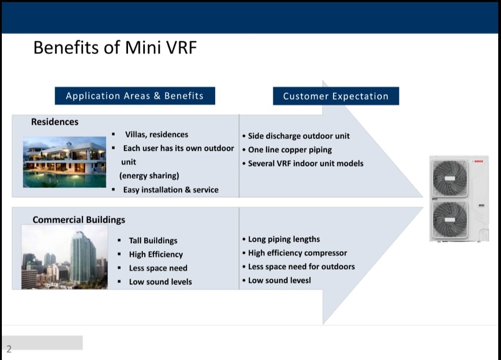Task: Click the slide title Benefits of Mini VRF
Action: coord(115,48)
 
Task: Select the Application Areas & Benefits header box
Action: coord(135,96)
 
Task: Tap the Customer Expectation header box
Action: coord(336,96)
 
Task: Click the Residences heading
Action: coord(55,122)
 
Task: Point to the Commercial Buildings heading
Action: coord(78,220)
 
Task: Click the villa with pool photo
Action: coord(64,162)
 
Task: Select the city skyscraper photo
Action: coord(64,257)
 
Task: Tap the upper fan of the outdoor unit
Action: coord(450,178)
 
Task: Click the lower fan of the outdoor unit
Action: coord(450,219)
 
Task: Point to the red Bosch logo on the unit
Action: coord(478,161)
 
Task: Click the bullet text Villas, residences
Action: coord(157,135)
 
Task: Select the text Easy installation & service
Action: coord(171,190)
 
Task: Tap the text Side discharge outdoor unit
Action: coord(299,136)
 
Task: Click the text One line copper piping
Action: coord(290,150)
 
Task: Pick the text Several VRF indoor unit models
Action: coord(306,164)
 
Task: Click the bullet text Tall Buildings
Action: coord(153,240)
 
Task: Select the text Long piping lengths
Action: coord(284,239)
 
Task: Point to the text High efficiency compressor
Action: coord(297,253)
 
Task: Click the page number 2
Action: coord(9,349)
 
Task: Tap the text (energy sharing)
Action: coord(149,176)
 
